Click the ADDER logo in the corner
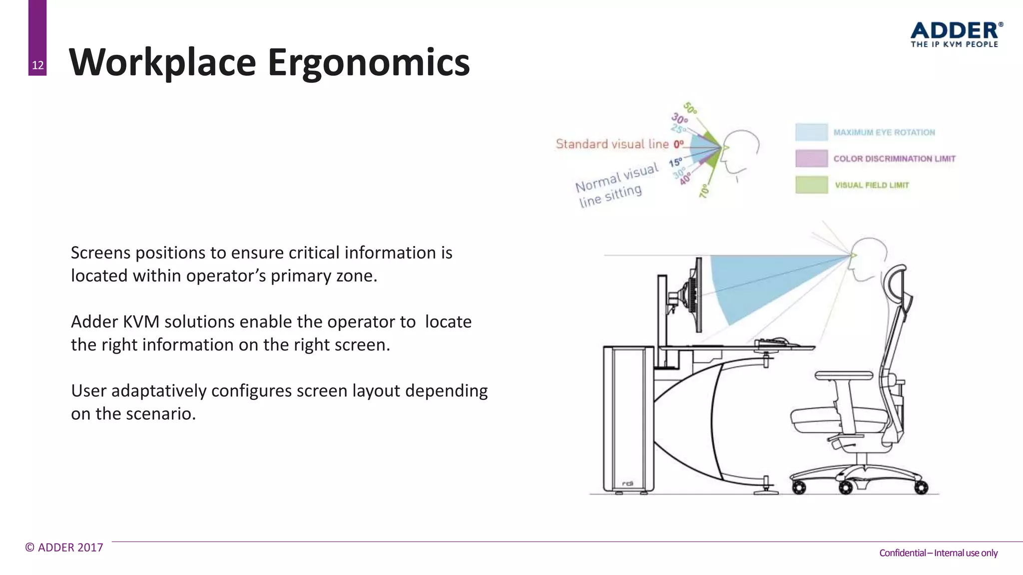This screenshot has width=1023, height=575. pos(956,34)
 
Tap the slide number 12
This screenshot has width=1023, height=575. pos(37,65)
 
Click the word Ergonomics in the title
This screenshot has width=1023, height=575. pos(369,62)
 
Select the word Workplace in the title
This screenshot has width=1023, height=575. pos(162,62)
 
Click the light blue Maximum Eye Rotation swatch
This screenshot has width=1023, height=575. pos(811,132)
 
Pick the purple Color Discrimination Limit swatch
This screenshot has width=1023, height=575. pos(811,159)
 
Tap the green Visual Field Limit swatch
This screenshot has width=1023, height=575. pos(811,185)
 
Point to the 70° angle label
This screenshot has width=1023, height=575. pos(704,191)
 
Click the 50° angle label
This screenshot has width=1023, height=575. pos(690,108)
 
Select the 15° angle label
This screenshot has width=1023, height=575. pos(675,162)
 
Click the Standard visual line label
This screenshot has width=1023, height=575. pos(612,144)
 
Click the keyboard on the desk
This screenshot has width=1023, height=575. pos(772,342)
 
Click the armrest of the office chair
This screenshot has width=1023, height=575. pos(844,375)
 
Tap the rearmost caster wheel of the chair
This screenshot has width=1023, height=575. pos(922,487)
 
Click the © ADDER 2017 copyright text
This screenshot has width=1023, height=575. pos(64,548)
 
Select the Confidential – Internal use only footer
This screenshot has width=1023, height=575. pos(938,553)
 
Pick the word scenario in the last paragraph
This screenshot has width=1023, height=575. pos(161,414)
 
